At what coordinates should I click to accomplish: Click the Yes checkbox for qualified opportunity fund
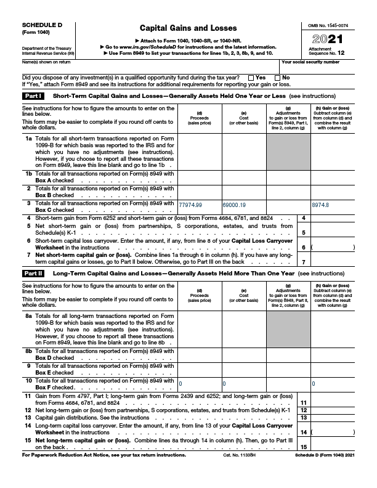coord(250,78)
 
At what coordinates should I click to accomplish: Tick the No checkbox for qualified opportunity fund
coord(278,78)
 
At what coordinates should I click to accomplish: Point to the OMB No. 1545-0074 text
coord(328,25)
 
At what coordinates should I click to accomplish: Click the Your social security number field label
coord(310,62)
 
